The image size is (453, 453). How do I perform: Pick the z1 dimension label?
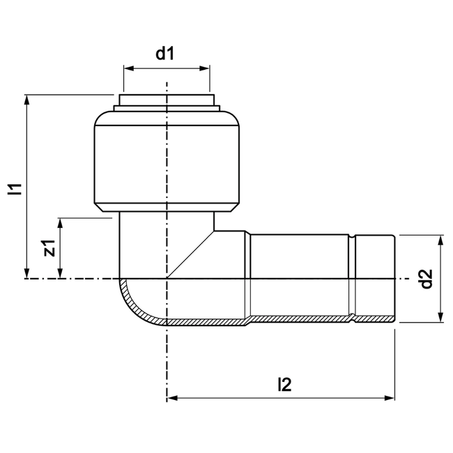click(48, 248)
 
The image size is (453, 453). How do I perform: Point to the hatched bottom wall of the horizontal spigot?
click(300, 319)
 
